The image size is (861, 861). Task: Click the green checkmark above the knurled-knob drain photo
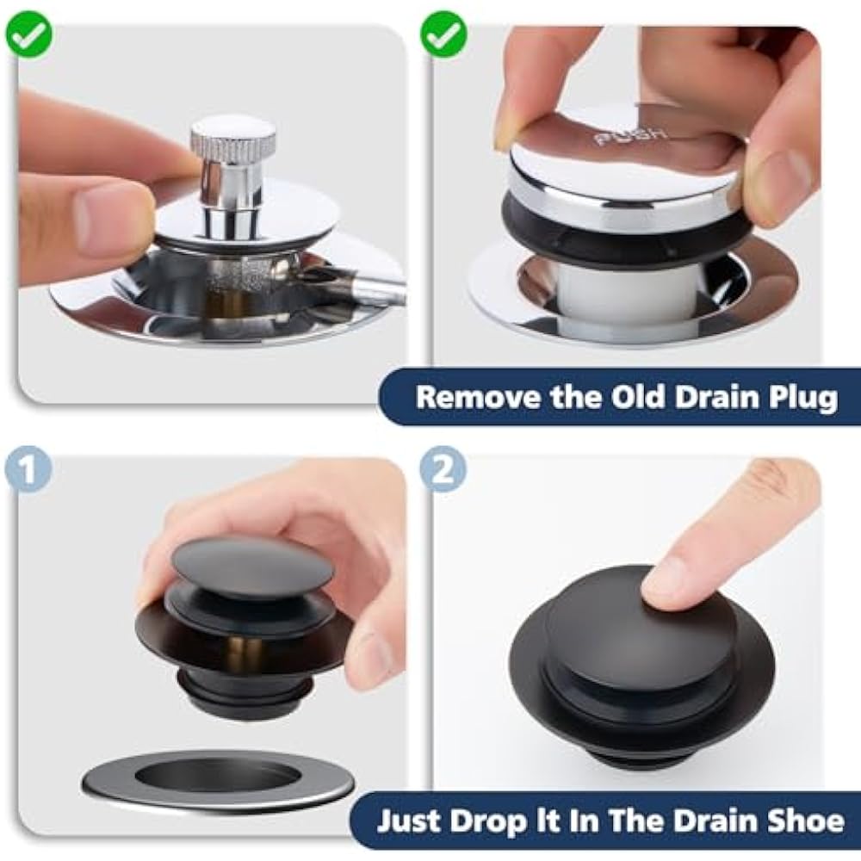pos(29,34)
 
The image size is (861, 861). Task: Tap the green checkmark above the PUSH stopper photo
pos(443,34)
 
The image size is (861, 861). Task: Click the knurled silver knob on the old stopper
pos(232,136)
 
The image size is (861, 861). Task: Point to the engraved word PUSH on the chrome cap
pos(631,136)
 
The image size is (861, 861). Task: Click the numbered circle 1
pos(28,469)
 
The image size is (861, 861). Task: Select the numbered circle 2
pos(443,469)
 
